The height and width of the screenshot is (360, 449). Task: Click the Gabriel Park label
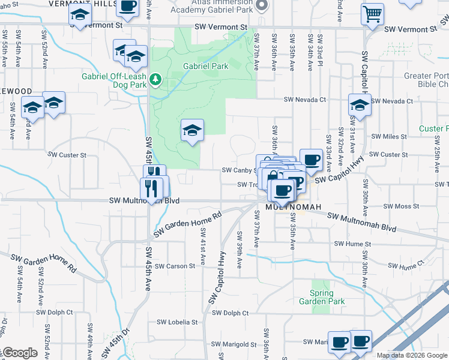205,67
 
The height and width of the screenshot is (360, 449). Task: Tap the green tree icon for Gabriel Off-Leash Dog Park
155,79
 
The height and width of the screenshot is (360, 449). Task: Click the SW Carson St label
172,266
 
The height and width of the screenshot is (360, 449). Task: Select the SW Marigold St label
234,344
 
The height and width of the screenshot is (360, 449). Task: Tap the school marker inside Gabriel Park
192,130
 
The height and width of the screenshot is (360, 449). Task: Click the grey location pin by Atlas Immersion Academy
261,5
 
